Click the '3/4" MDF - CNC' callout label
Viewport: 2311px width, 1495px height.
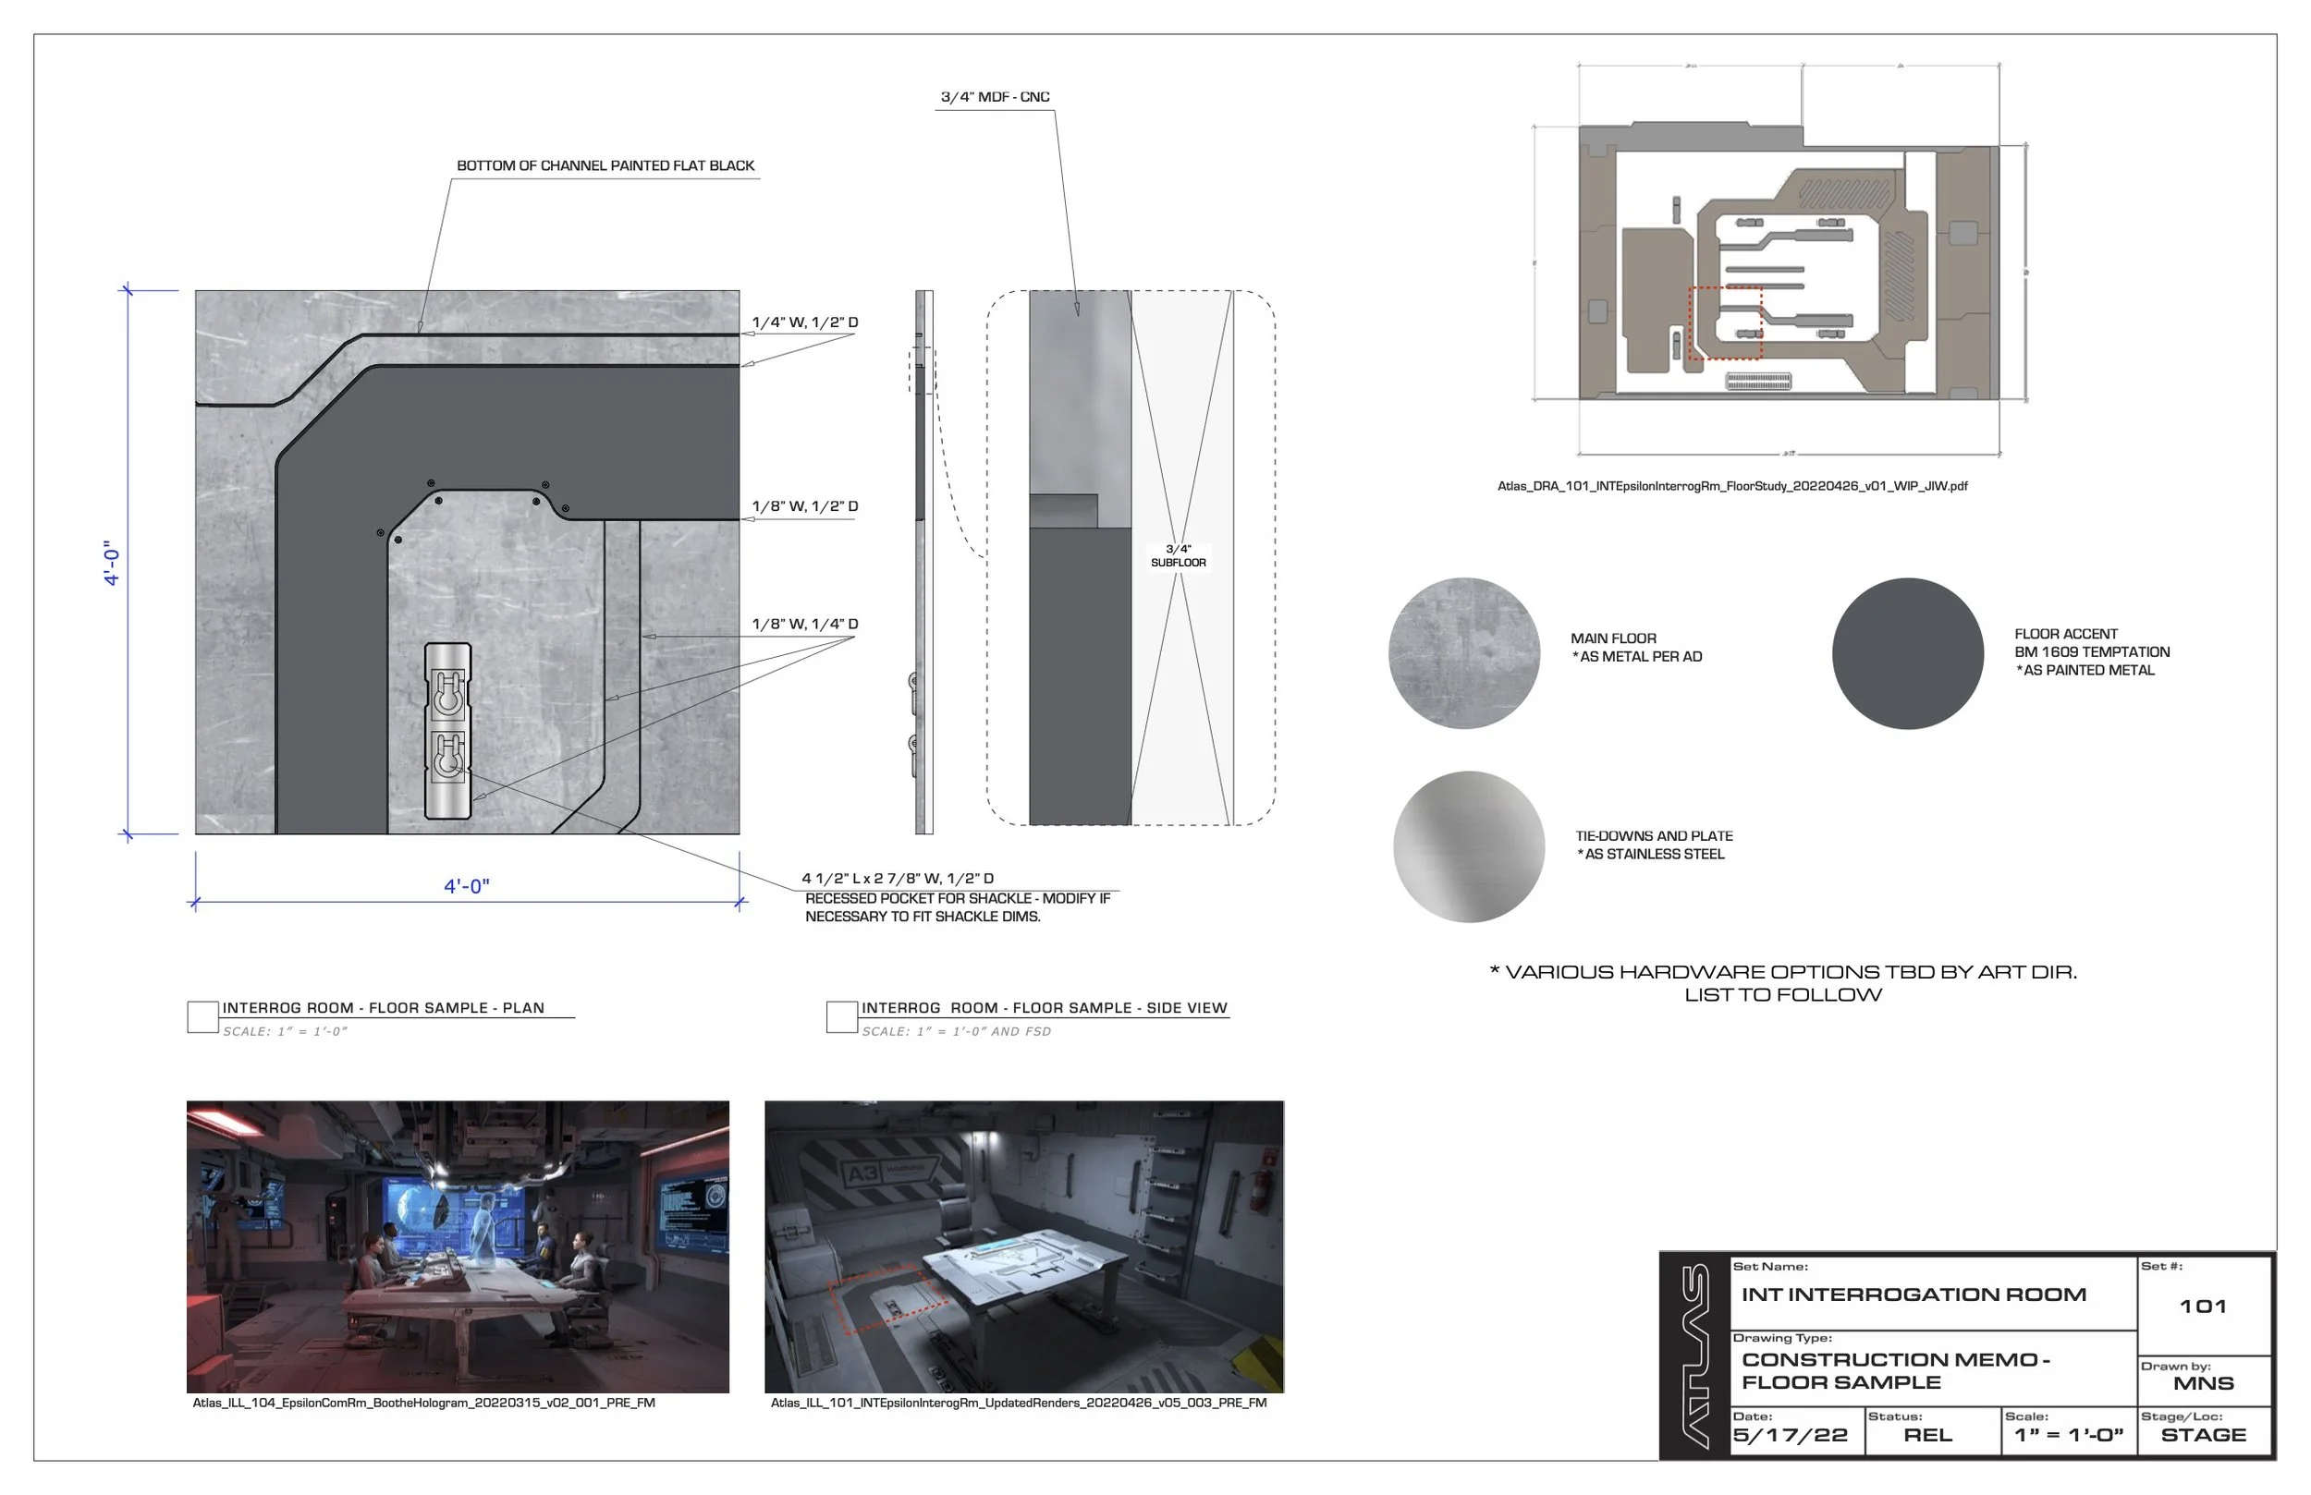[995, 97]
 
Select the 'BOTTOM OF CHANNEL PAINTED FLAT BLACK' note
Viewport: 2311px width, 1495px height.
[605, 166]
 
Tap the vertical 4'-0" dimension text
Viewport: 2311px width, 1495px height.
[112, 563]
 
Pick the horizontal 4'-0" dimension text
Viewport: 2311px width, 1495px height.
[466, 886]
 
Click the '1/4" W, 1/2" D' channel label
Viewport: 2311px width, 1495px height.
[805, 322]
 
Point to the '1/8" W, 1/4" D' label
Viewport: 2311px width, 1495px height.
[805, 625]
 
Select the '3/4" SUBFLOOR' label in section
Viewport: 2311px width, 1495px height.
[1178, 555]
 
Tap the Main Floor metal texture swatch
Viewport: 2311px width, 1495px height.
[1463, 653]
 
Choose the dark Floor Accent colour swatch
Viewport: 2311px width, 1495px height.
[1907, 653]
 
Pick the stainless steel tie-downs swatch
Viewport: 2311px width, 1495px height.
[1468, 846]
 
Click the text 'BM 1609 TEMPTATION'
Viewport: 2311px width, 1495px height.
[2092, 652]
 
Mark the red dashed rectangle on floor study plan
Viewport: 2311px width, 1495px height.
[1725, 323]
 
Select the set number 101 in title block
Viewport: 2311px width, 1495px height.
[2202, 1307]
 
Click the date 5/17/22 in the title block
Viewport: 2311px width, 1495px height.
[1790, 1436]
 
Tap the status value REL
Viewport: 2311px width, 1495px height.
[1927, 1436]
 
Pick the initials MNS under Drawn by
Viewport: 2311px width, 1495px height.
[2202, 1383]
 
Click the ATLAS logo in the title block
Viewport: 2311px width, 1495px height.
[1695, 1357]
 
